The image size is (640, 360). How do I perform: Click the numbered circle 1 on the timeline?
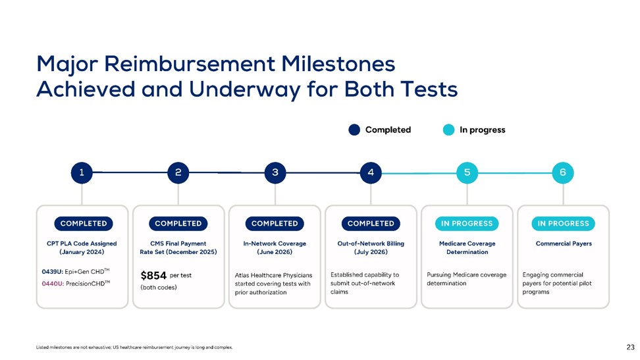(82, 172)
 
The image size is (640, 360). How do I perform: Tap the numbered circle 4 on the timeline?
(371, 172)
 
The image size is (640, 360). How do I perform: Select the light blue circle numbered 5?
(467, 172)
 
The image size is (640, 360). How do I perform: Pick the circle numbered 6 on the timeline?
(563, 172)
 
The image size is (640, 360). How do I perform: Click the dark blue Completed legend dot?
(354, 130)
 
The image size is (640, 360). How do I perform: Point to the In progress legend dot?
(448, 130)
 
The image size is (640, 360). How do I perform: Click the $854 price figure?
(153, 276)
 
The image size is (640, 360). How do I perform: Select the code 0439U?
(52, 272)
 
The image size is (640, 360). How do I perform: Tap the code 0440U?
(53, 284)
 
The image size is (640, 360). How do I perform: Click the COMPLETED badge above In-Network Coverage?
(275, 224)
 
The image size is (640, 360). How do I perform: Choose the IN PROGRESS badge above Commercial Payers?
(563, 224)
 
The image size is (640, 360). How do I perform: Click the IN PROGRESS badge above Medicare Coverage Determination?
(467, 224)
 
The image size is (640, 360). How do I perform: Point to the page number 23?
(631, 347)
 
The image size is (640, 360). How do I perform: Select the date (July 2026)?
(371, 252)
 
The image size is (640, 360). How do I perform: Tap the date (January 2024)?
(82, 252)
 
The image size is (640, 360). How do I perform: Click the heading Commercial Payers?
(564, 244)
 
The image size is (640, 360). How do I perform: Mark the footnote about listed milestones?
(134, 347)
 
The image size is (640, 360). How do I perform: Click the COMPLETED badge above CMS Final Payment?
(178, 224)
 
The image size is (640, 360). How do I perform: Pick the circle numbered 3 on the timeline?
(275, 172)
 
